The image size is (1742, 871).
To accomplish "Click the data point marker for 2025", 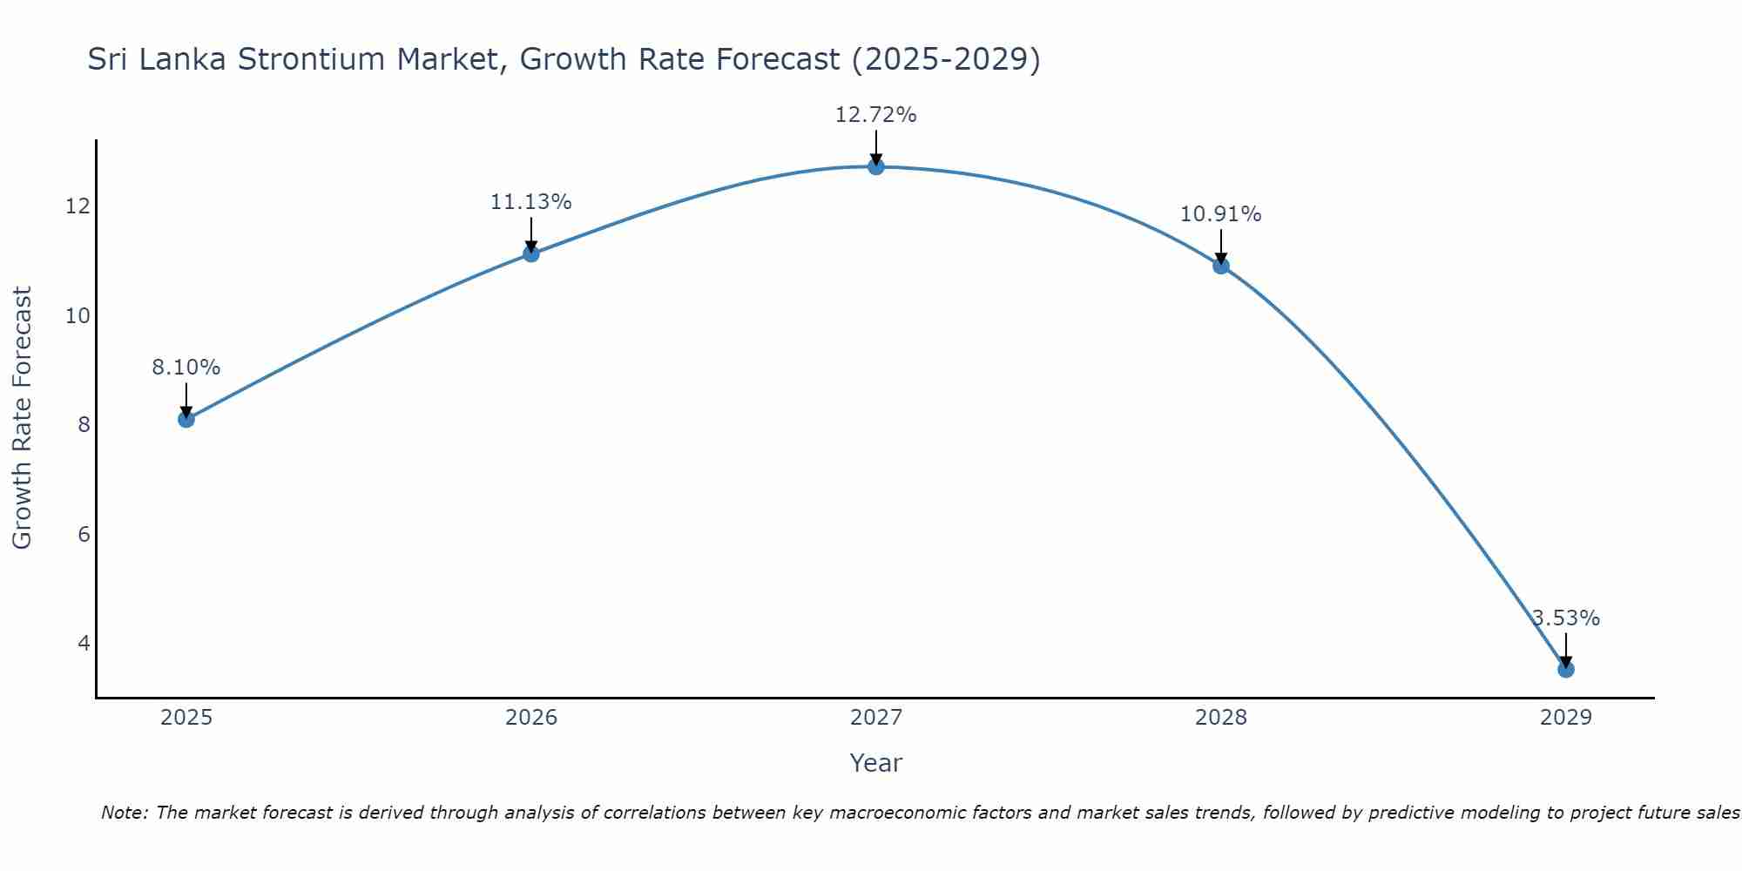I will pos(186,419).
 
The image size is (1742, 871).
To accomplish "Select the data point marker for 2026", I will pos(531,253).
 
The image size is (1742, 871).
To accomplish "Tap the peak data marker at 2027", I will pos(876,166).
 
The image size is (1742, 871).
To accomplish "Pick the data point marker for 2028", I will pos(1221,266).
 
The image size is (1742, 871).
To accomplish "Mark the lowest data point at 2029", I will pos(1565,669).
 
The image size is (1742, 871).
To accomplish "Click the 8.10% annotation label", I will pos(186,368).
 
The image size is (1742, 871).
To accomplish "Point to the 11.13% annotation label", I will pos(530,202).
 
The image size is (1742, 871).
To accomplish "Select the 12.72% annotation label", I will pos(875,115).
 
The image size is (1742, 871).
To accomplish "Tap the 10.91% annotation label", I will pos(1220,214).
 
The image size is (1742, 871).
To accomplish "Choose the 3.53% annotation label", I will pos(1566,618).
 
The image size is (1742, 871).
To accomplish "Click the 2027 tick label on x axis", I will pos(876,718).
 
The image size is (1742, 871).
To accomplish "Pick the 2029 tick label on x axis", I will pos(1565,718).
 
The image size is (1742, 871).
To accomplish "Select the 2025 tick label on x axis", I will pos(186,718).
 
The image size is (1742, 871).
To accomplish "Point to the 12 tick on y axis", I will pos(78,206).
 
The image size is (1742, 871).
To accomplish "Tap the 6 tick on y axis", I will pos(84,534).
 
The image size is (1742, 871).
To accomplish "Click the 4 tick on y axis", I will pos(84,643).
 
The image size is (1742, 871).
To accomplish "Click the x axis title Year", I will pos(875,763).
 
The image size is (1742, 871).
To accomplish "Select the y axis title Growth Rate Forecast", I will pos(22,417).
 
